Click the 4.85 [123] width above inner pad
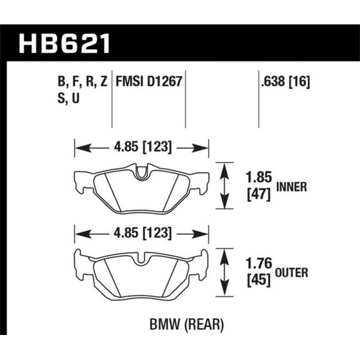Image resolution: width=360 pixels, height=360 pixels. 141,148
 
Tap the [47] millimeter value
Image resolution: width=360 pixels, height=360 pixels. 256,194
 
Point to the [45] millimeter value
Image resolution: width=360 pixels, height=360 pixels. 256,281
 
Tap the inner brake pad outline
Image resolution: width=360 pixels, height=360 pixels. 141,191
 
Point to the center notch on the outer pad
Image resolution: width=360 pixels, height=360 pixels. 141,258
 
